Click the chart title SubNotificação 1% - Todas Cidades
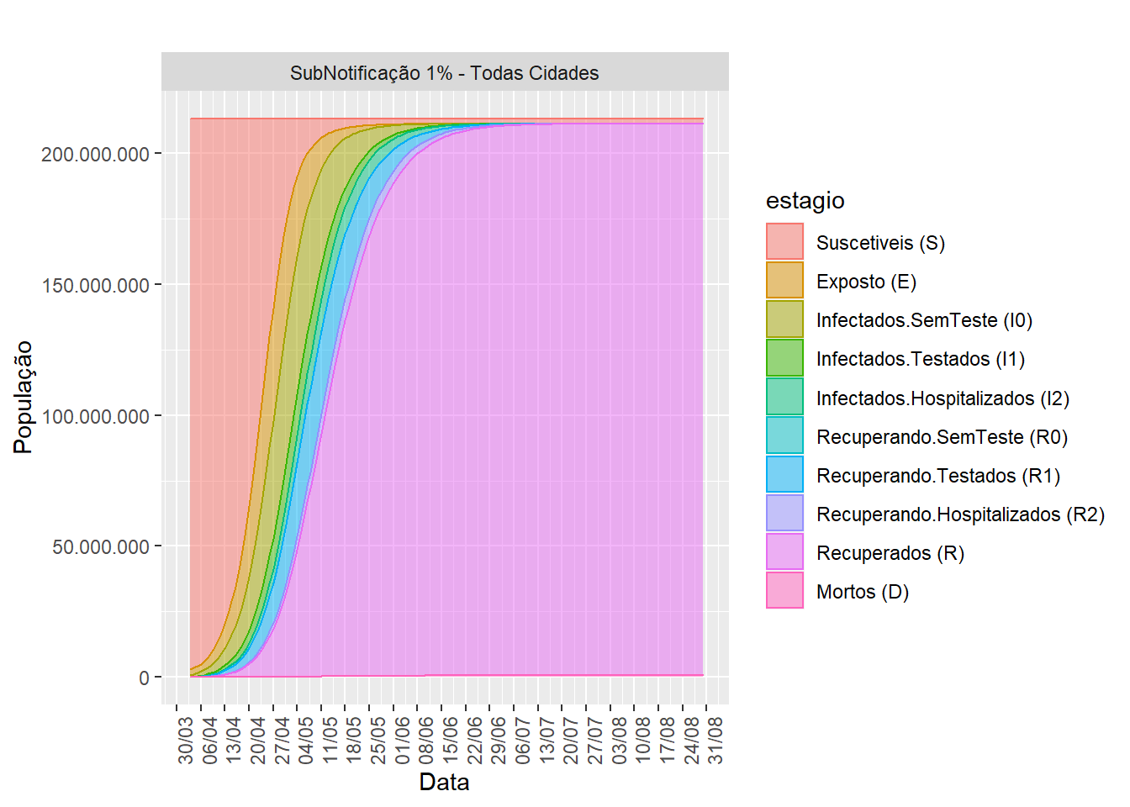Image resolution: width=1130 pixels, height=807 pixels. [444, 73]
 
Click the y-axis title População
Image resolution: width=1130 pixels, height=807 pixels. [24, 397]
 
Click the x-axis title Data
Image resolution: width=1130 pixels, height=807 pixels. [444, 782]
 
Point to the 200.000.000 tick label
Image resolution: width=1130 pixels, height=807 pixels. [95, 154]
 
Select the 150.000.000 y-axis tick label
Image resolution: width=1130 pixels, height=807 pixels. [95, 285]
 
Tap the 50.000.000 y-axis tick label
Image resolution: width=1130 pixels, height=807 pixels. [101, 547]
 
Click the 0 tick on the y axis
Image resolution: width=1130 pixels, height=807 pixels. [145, 678]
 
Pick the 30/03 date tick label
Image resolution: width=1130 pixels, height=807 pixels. [186, 740]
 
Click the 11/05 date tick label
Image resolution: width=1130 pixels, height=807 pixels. [330, 740]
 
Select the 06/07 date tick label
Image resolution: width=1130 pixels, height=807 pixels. [523, 740]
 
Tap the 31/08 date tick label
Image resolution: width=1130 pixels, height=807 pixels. [715, 740]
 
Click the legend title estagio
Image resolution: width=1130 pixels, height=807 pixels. [805, 200]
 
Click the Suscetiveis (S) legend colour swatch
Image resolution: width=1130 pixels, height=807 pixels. [784, 242]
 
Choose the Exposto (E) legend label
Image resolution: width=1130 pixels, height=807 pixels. [866, 282]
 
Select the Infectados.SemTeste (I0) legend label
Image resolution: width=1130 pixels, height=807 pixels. [924, 320]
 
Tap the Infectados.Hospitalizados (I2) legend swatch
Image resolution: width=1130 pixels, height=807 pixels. [784, 398]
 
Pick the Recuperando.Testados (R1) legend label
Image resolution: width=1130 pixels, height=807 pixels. [937, 476]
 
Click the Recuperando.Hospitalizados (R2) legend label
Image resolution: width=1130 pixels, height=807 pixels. [960, 514]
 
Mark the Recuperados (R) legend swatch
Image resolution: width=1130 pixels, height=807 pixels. [784, 553]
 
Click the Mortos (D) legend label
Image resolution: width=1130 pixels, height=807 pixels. [863, 592]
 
